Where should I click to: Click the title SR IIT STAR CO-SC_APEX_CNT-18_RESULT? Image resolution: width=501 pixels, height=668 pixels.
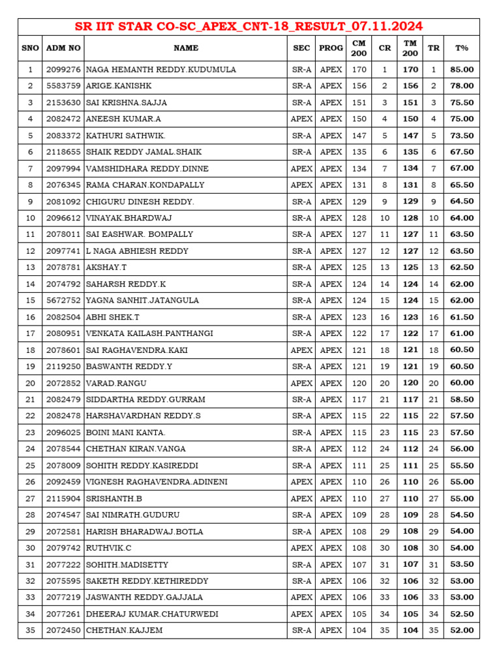[249, 27]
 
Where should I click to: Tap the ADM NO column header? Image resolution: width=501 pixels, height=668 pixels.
[63, 48]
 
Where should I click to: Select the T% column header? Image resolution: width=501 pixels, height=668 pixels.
[461, 48]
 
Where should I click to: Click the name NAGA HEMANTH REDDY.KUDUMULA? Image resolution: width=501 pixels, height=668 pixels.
[161, 69]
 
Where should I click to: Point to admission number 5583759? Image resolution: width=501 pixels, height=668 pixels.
[63, 85]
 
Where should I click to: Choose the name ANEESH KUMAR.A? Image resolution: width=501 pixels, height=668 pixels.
[123, 119]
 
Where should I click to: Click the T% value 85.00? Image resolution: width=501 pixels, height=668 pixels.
[461, 69]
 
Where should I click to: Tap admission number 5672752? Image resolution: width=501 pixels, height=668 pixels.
[63, 300]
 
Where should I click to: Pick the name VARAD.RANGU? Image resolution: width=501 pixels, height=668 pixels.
[116, 383]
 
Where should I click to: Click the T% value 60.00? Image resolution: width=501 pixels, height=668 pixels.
[461, 383]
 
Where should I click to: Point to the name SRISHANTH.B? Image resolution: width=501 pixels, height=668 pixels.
[114, 498]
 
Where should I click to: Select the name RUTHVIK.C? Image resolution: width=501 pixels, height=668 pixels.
[109, 548]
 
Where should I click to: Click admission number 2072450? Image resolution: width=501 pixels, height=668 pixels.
[63, 630]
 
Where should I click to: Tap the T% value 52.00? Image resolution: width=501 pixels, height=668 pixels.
[461, 630]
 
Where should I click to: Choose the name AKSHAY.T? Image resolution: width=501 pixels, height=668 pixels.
[106, 267]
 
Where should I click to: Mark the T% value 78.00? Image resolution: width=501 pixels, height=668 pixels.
[461, 85]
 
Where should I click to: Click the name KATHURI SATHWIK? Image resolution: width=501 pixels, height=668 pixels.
[126, 135]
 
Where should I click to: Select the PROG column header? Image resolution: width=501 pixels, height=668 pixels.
[331, 48]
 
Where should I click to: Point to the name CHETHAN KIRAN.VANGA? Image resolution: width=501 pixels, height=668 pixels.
[136, 449]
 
